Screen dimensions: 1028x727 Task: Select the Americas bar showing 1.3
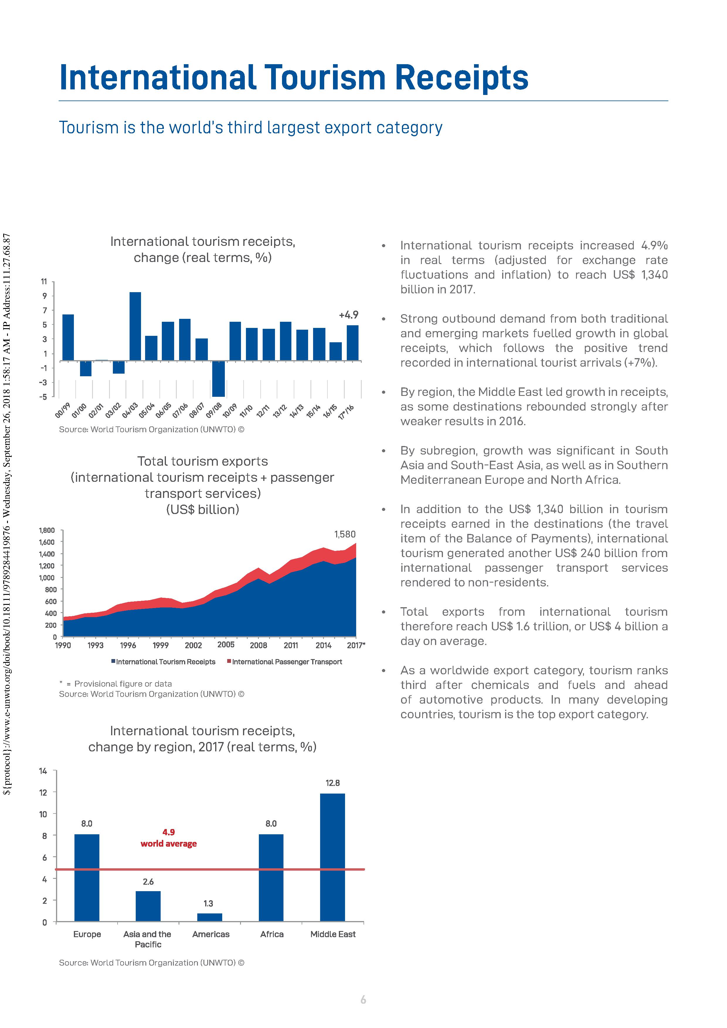click(209, 917)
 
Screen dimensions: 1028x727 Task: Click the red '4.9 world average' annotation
click(169, 838)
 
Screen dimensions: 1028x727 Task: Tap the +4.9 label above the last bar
click(349, 315)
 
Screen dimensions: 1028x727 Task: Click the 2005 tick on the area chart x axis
click(226, 645)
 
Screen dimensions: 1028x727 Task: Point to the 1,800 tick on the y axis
click(47, 530)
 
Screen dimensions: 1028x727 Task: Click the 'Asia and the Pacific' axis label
click(147, 939)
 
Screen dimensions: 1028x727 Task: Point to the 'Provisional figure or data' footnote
click(123, 684)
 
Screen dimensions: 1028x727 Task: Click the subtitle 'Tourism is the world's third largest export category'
click(250, 127)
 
